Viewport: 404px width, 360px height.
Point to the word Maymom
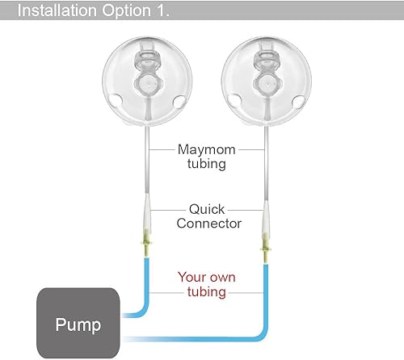(206, 149)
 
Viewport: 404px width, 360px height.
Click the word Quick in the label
(207, 207)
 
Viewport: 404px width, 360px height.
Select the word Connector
(207, 222)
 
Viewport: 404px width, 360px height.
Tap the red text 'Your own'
(207, 278)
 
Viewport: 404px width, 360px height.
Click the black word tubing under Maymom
(206, 163)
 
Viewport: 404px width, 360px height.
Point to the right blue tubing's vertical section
(266, 291)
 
